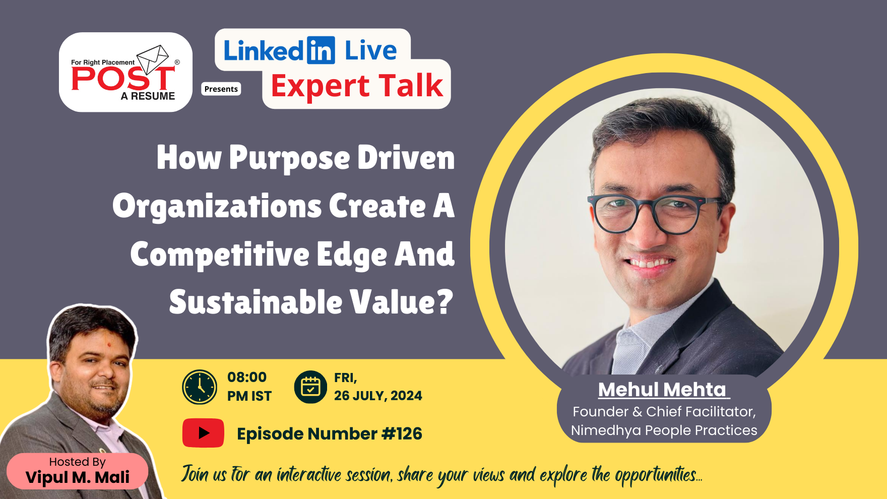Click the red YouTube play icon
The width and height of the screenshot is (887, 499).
[x=203, y=433]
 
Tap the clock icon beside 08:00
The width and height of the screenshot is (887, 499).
[x=200, y=387]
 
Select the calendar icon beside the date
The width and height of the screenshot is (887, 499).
[x=310, y=387]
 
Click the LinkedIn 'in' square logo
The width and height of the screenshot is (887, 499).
[x=321, y=50]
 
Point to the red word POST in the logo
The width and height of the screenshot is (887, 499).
[x=123, y=79]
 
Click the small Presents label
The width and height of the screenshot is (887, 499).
[x=221, y=89]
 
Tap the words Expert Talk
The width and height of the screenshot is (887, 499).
[x=357, y=86]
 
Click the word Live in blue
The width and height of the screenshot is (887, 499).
[x=370, y=50]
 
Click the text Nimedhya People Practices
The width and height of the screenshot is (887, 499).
[x=664, y=430]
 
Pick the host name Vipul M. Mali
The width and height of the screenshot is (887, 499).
[x=78, y=477]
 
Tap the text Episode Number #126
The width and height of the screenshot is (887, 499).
[x=330, y=433]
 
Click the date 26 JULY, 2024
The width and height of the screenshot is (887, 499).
[x=378, y=396]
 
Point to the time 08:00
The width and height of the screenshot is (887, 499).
[x=247, y=377]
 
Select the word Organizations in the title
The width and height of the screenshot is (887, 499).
[x=217, y=207]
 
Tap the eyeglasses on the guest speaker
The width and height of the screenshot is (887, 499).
[x=657, y=214]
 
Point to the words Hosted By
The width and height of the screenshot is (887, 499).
[x=78, y=462]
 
